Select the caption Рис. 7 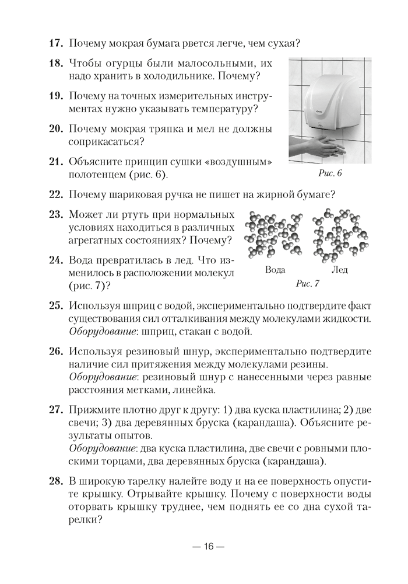coord(308,284)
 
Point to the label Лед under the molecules coord(339,270)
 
